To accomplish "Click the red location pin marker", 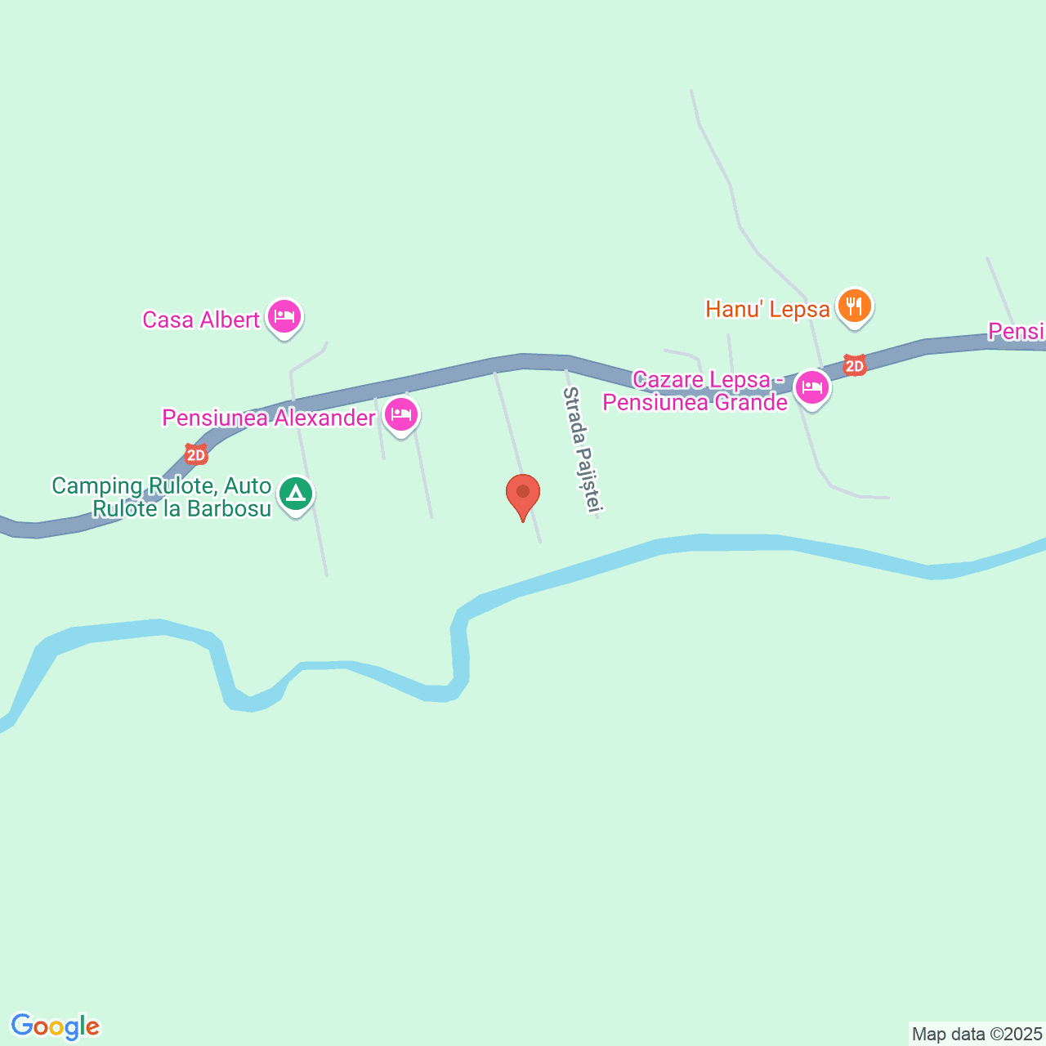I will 523,494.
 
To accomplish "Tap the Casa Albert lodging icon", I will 284,315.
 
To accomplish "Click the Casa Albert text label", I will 200,320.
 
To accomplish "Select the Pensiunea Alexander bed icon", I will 400,414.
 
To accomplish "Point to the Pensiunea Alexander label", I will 268,418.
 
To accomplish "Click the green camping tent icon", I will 296,494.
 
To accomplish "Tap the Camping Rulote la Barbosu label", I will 162,497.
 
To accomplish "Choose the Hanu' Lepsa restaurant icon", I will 854,306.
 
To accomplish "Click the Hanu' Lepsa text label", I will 767,310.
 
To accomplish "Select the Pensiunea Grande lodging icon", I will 811,387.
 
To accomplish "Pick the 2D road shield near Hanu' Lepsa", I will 855,365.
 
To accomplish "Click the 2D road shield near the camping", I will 196,455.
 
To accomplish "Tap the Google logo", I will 55,1026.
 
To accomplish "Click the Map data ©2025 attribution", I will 977,1034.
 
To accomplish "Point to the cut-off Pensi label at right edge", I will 1017,332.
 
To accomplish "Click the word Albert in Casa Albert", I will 230,320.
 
